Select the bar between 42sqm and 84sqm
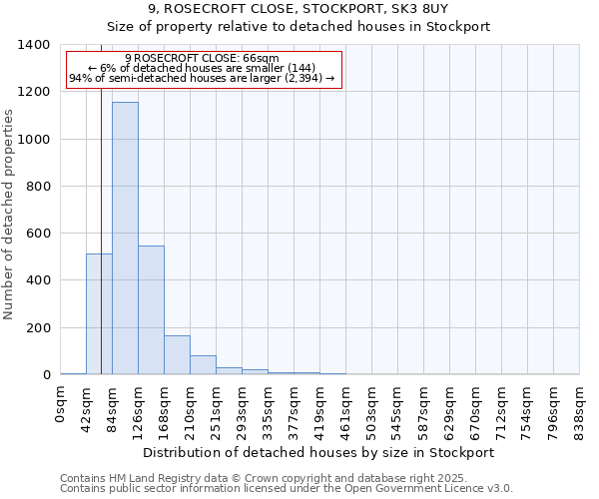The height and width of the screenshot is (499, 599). coord(99,313)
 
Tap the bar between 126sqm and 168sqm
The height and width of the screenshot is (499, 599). coord(151,309)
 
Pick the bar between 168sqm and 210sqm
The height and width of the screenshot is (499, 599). coord(177,354)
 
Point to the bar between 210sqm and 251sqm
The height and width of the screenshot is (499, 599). coord(203,365)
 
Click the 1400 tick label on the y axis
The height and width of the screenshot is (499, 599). coord(33,45)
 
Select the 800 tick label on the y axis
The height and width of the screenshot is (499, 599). coord(37,187)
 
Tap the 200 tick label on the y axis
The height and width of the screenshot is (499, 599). coord(37,328)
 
